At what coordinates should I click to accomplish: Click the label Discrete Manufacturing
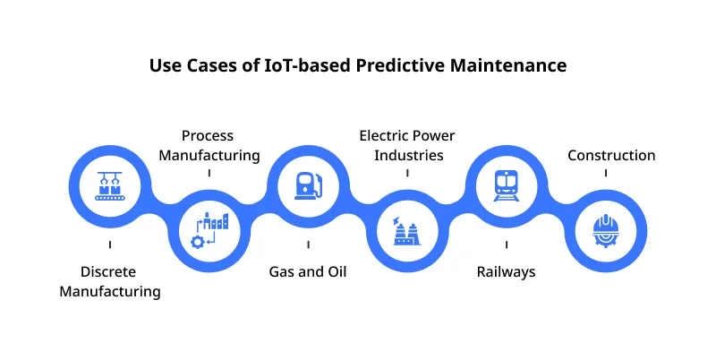tap(109, 281)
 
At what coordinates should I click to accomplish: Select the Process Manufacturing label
tap(209, 145)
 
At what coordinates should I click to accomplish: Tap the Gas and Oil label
tap(308, 271)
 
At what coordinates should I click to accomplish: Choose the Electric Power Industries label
tap(407, 145)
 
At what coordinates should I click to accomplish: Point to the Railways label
tap(506, 271)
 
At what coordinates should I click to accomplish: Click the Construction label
tap(611, 155)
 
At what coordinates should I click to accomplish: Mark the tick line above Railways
tap(507, 243)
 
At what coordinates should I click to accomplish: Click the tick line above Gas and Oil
tap(308, 243)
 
